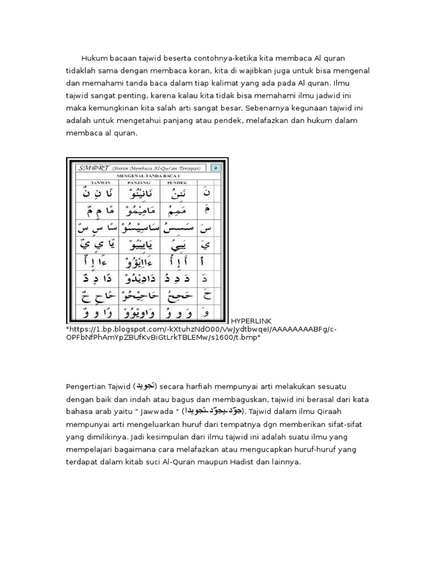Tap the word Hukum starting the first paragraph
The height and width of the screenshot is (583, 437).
tap(93, 59)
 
